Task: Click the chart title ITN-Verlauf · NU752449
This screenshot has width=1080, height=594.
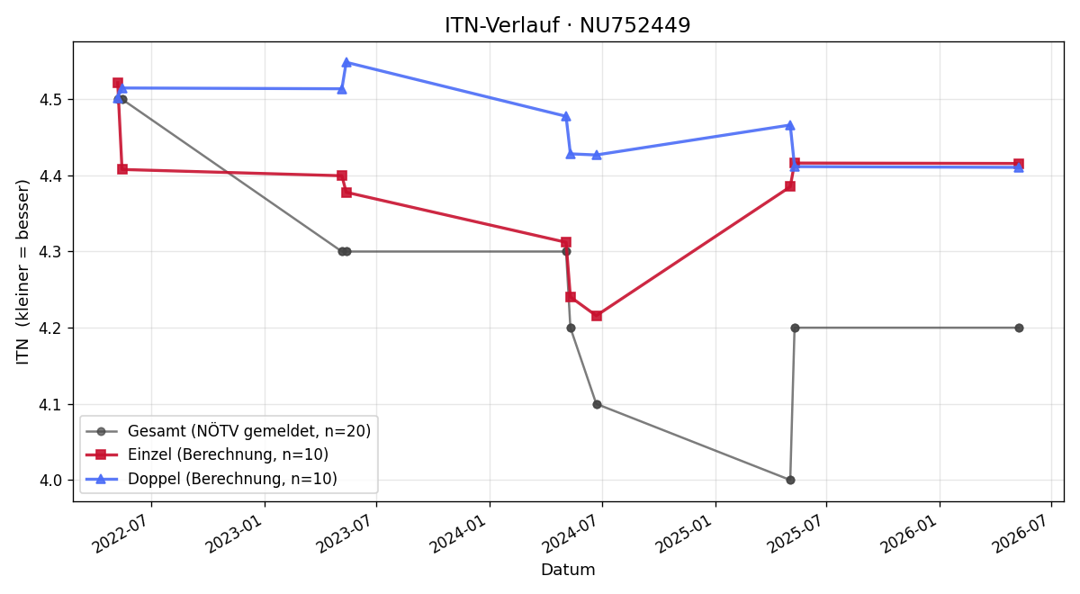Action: tap(568, 25)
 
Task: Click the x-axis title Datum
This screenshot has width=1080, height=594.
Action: tap(568, 570)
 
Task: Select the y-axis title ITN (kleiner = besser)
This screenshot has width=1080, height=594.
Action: tap(22, 272)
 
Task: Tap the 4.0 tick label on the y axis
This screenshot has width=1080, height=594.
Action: tap(50, 481)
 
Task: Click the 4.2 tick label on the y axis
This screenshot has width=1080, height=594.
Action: tap(50, 328)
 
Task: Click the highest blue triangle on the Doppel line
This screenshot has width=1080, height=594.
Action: tap(346, 62)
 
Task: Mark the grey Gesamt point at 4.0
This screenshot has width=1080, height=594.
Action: tap(790, 481)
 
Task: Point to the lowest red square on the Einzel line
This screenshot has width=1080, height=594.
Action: tap(597, 316)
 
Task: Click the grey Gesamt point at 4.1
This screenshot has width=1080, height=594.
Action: tap(597, 404)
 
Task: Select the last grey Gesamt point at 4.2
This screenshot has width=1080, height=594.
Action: tap(1019, 328)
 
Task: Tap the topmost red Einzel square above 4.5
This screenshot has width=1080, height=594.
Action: tap(118, 83)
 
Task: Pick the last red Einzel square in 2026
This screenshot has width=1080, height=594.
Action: tap(1019, 164)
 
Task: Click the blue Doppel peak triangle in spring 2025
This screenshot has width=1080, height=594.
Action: tap(790, 125)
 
